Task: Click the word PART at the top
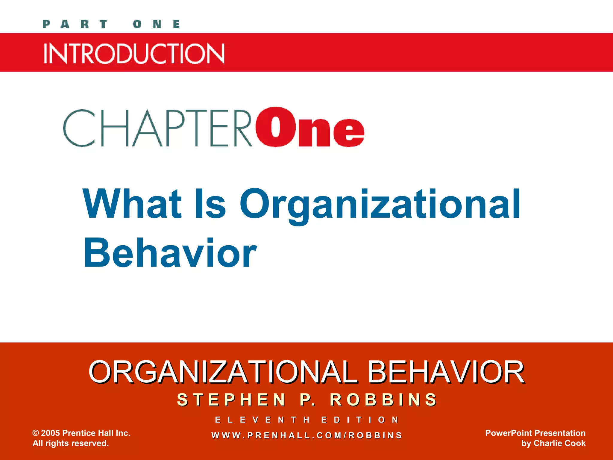click(75, 24)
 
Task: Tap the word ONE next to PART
click(157, 24)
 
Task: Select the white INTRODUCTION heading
click(134, 53)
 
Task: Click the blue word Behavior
click(170, 253)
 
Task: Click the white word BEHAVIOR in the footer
click(446, 372)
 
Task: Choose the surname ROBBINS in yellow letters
click(383, 400)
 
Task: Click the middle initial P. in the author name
click(308, 400)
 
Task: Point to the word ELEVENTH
click(262, 420)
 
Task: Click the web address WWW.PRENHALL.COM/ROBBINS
click(307, 435)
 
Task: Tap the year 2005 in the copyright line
click(50, 433)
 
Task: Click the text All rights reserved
click(71, 443)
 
